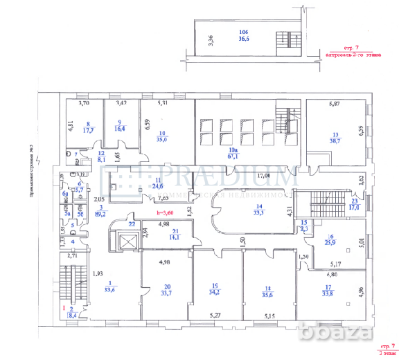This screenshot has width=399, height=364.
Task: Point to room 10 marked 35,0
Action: pos(162,136)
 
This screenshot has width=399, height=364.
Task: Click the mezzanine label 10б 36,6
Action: pos(243,36)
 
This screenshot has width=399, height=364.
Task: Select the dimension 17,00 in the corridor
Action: pos(264,176)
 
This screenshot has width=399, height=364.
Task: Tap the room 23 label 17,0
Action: pos(354,204)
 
